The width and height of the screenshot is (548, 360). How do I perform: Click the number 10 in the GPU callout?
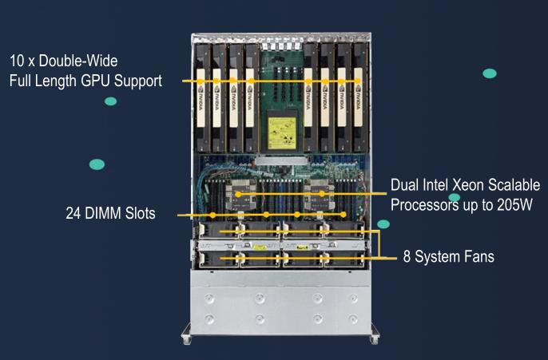(16, 61)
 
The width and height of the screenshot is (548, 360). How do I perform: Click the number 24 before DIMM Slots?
(73, 214)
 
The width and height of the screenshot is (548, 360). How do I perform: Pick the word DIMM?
(103, 214)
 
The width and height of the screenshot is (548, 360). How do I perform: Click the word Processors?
(424, 204)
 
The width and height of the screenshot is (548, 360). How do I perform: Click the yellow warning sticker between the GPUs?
(282, 129)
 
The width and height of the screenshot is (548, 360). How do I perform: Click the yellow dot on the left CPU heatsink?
(240, 193)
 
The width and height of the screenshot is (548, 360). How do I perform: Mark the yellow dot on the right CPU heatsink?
(321, 193)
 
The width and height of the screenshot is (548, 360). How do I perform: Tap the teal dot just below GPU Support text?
(110, 101)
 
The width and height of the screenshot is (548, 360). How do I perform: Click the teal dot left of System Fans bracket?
(383, 224)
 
